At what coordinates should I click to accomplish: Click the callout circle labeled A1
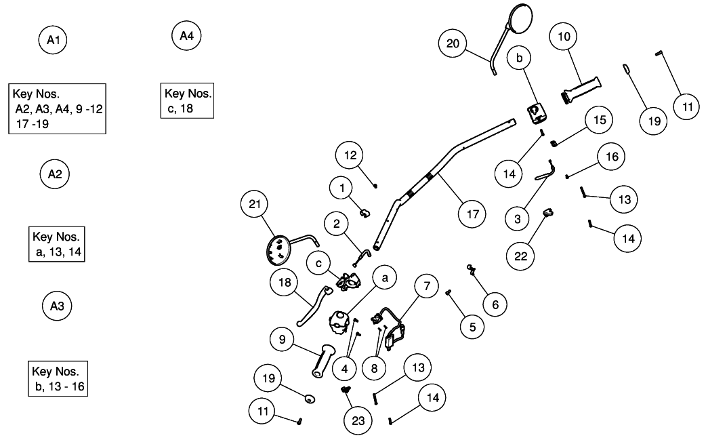coord(54,41)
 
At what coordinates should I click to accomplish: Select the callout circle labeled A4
coord(186,36)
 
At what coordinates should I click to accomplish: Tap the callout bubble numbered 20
coord(453,44)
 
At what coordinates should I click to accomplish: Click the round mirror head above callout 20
coord(521,17)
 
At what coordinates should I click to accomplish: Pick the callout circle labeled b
coord(519,60)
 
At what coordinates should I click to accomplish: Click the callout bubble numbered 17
coord(472,214)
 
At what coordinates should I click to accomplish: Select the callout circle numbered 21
coord(258,204)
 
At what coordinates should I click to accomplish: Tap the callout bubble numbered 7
coord(427,287)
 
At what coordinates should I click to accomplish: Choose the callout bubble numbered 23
coord(358,420)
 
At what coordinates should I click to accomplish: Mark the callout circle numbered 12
coord(350,155)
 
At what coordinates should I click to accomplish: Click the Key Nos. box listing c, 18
coord(188,100)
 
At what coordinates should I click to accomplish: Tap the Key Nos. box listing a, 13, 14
coord(57,243)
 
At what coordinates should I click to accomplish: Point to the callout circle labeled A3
coord(57,306)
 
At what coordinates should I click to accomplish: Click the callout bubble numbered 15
coord(599,119)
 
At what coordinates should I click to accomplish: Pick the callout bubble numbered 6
coord(495,304)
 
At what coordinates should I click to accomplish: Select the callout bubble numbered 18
coord(285,283)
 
